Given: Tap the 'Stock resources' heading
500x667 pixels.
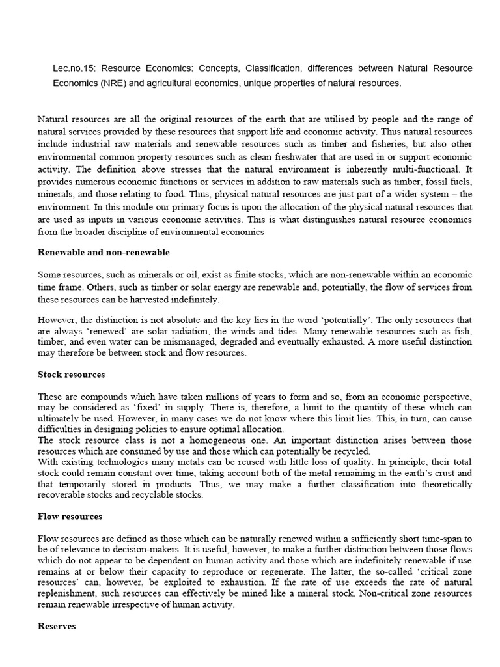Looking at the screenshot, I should [72, 375].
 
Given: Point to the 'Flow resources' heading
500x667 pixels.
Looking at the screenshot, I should [70, 517].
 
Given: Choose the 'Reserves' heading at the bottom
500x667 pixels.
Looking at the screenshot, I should [57, 626].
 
